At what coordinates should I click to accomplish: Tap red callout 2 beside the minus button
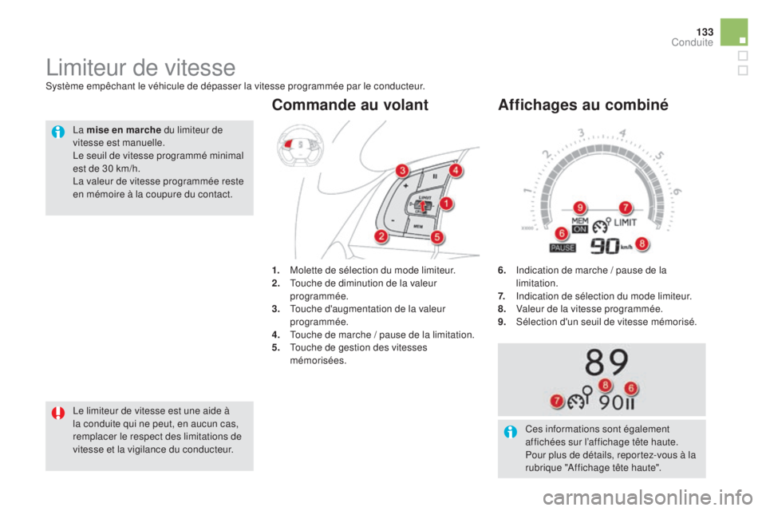pos(382,236)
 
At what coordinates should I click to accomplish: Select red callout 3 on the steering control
pos(403,170)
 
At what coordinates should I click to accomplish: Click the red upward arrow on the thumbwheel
pos(424,209)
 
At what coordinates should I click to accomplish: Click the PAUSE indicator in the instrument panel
pos(563,248)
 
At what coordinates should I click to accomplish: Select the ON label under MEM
pos(580,229)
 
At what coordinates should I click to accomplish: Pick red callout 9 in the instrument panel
pos(581,208)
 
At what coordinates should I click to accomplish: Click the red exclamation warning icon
pos(59,413)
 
